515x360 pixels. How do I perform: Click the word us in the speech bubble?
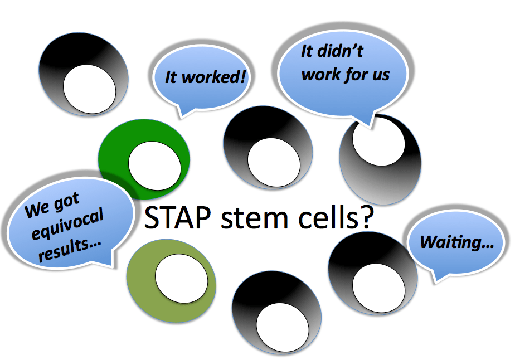(381, 74)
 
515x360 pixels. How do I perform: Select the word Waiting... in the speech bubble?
(453, 242)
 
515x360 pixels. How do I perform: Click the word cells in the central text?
(324, 218)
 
